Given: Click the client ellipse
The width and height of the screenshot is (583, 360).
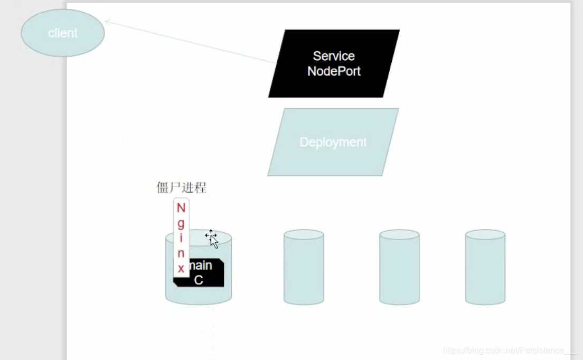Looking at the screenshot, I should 62,33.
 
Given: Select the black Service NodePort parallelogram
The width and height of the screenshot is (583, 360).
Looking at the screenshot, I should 334,64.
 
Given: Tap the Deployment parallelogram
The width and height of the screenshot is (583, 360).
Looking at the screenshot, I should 333,142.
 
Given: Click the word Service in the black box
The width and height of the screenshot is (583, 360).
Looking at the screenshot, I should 334,56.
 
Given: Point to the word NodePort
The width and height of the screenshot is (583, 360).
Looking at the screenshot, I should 334,71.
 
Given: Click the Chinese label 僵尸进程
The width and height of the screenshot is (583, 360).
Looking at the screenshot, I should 181,188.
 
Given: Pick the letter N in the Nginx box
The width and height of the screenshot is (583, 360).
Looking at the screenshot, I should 181,208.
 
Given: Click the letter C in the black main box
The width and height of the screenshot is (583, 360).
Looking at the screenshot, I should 199,280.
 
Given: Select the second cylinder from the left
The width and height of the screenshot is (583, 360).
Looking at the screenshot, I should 304,267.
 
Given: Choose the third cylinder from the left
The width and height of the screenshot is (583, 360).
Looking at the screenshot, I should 399,267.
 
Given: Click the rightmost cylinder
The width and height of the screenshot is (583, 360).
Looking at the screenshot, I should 485,267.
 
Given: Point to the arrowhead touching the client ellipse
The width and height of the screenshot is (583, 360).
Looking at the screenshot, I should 107,22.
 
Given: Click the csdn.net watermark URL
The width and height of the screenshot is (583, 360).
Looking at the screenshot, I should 510,350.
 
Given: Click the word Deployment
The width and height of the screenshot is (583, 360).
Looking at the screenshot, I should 333,142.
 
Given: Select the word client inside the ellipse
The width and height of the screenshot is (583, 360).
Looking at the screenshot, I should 62,33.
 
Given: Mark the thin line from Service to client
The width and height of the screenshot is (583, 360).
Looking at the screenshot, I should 190,42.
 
